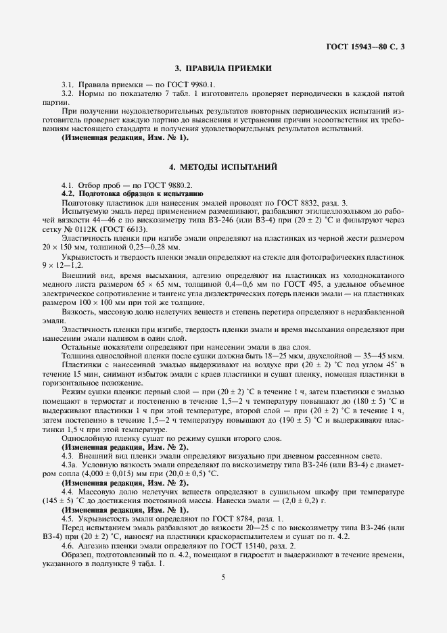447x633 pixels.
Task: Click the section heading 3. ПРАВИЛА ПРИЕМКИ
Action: (223, 68)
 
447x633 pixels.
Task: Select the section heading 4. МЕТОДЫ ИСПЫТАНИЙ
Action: (223, 166)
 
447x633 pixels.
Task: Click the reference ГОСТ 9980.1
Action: (193, 84)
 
